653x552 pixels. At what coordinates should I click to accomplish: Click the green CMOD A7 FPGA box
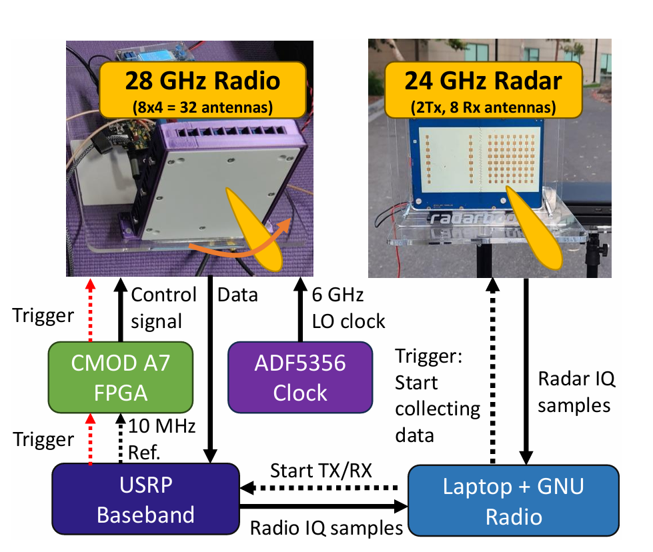tap(120, 377)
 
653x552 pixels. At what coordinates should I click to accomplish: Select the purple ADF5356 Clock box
tap(300, 377)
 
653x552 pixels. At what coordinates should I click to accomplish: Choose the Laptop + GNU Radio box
tap(513, 500)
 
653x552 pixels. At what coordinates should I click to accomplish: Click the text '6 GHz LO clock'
tap(348, 307)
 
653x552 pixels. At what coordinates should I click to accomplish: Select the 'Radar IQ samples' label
tap(577, 392)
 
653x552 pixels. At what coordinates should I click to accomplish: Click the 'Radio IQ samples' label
tap(326, 528)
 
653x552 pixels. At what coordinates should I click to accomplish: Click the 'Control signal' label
tap(164, 307)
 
